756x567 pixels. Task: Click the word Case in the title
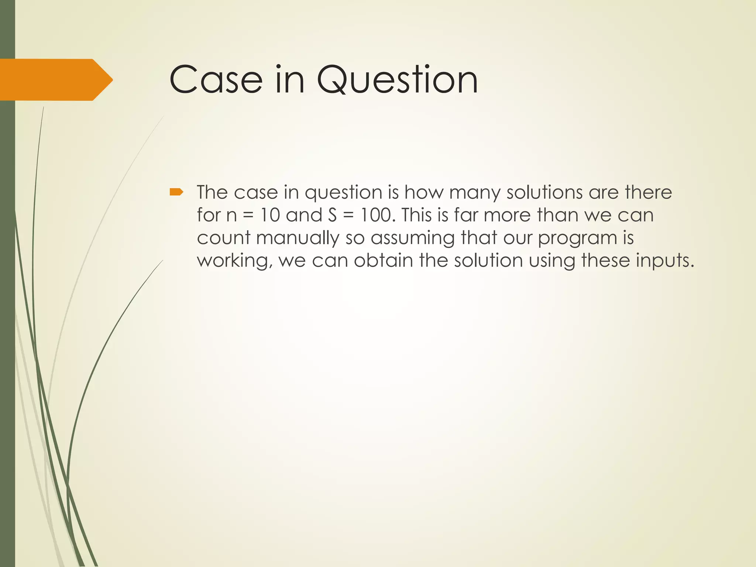216,80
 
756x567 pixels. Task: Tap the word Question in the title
398,80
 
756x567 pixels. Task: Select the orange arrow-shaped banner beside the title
55,80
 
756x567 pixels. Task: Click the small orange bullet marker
176,192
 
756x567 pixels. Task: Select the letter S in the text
332,215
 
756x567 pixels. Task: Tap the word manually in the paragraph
298,238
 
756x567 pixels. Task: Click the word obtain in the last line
383,261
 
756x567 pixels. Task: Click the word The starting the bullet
212,192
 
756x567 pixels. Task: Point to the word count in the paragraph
224,238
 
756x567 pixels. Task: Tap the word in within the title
290,80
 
